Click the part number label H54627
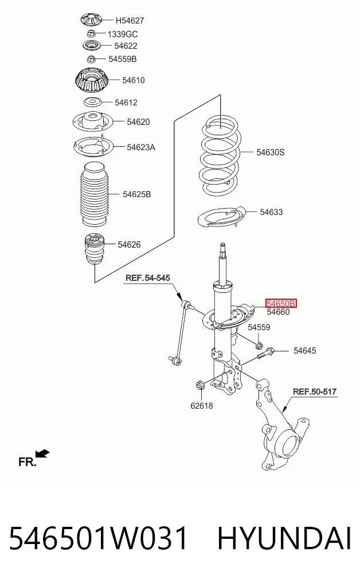130,21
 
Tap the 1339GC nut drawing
92,33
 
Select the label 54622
126,46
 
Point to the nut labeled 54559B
91,58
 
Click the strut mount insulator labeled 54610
92,82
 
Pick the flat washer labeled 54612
92,102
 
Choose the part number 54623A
141,147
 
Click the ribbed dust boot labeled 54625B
95,194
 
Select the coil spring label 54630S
271,152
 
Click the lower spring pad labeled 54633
222,218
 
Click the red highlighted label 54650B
281,304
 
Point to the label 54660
278,312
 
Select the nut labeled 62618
200,385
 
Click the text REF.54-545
148,278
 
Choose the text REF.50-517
315,392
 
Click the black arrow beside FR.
42,453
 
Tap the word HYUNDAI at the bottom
284,538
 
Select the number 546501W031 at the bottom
98,538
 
